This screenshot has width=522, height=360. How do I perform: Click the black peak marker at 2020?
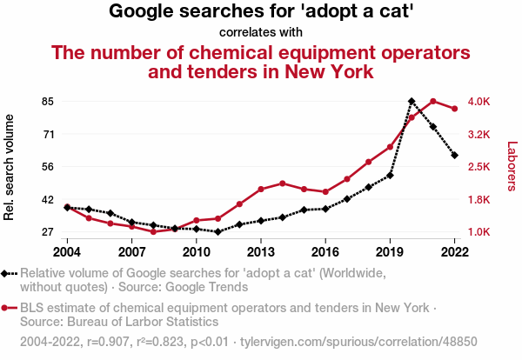pos(412,102)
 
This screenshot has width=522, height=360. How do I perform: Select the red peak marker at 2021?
pos(433,102)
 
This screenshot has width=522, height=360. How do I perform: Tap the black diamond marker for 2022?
pos(455,156)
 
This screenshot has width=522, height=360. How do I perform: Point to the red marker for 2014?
pos(283,183)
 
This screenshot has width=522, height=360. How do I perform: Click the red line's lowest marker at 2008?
pos(153,232)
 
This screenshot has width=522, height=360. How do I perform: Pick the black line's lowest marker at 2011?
pos(217,232)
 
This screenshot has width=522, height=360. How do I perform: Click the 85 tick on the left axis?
pos(47,102)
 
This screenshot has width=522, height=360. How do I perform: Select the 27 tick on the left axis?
pos(47,232)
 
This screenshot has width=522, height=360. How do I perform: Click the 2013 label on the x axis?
pos(261,252)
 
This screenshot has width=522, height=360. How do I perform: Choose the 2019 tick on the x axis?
pos(390,252)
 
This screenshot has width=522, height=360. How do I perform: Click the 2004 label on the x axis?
pos(67,252)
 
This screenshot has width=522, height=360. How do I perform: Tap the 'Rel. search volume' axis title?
pos(10,167)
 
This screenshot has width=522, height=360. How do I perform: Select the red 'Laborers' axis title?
pos(512,167)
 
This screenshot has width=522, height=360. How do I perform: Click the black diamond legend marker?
pos(9,273)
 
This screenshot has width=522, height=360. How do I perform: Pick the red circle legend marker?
pos(9,308)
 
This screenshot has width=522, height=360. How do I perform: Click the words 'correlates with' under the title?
pos(261,33)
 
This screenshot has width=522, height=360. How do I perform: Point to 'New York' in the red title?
pos(322,71)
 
